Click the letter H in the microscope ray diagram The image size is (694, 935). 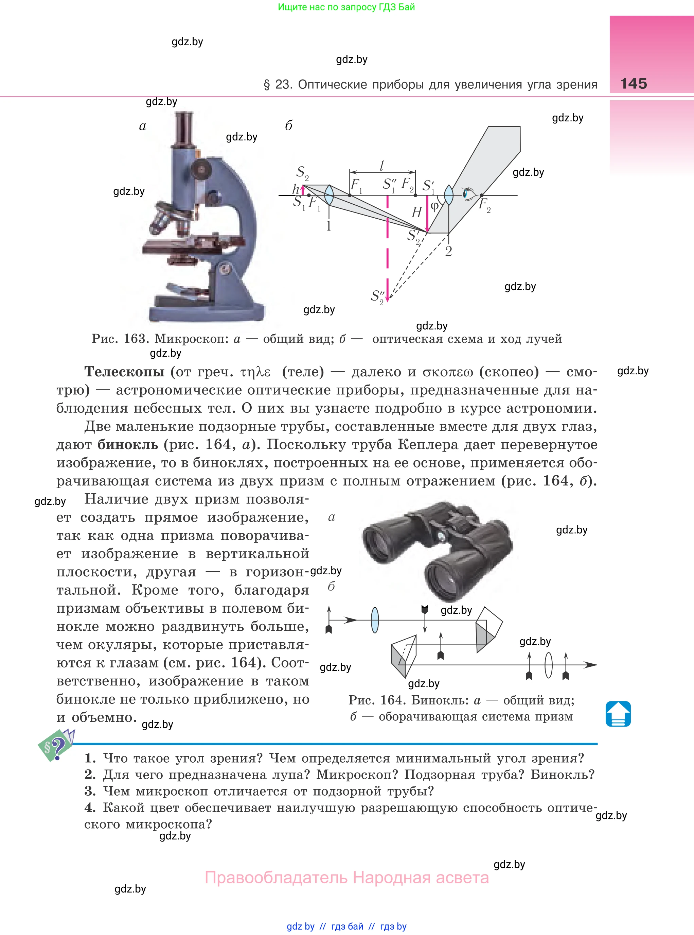(x=416, y=212)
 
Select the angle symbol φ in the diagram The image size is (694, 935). (x=434, y=206)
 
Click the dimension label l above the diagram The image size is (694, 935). (x=382, y=166)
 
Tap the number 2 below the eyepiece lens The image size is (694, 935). (x=448, y=251)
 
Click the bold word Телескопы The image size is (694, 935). (x=124, y=372)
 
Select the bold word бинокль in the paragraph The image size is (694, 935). (x=128, y=444)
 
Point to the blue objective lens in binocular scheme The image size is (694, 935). (x=375, y=620)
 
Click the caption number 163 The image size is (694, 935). (x=135, y=339)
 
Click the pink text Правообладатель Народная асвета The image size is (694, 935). (x=346, y=878)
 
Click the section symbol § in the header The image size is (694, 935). (x=266, y=85)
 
